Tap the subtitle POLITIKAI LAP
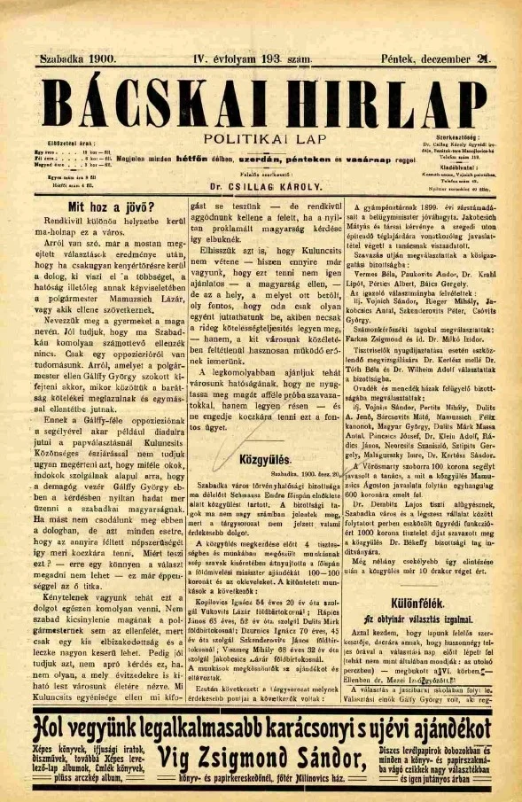tap(261, 138)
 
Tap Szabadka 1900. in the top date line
tap(78, 59)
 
